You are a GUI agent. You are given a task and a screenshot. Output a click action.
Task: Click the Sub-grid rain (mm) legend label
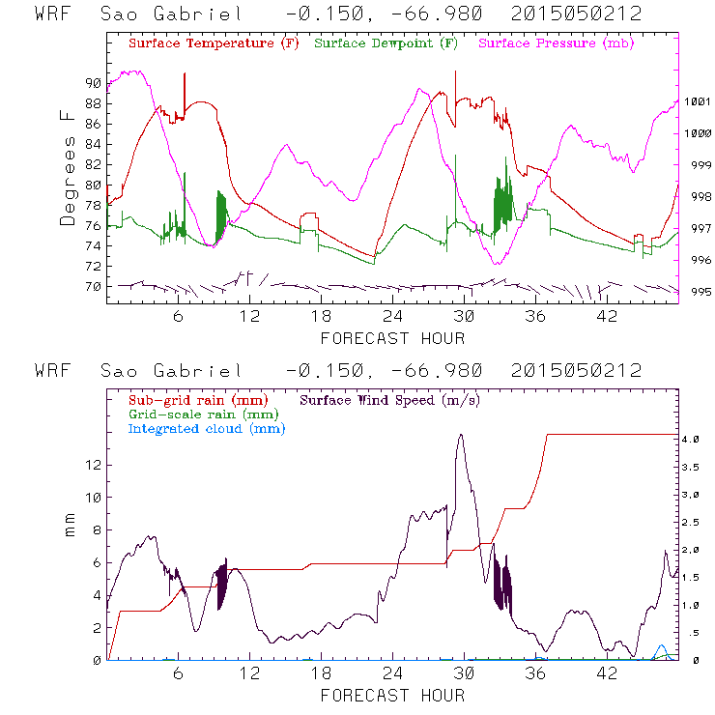tap(197, 399)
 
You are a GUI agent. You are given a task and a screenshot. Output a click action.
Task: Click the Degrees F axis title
tap(68, 166)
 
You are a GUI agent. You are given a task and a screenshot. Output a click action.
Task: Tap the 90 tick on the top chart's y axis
tap(92, 83)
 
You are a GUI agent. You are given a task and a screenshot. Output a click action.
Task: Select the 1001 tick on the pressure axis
tap(698, 101)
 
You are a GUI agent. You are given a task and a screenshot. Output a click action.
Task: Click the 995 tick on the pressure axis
tap(698, 292)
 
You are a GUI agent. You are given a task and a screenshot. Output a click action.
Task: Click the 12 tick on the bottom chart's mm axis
tap(93, 464)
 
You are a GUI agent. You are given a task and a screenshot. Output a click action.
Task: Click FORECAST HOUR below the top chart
tap(392, 338)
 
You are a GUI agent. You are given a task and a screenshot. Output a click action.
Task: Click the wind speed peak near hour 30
tap(461, 435)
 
